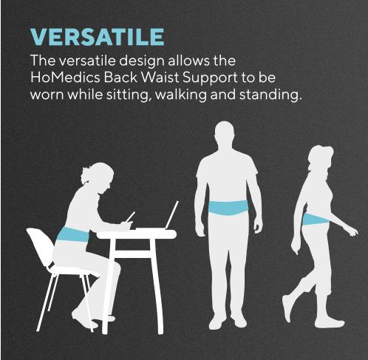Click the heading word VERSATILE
coord(97,36)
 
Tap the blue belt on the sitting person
coord(73,235)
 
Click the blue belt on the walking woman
coord(315,219)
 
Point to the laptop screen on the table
coord(171,215)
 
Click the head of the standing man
coord(227,136)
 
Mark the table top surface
coord(137,234)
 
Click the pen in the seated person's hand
coord(130,217)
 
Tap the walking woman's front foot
coord(330,322)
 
